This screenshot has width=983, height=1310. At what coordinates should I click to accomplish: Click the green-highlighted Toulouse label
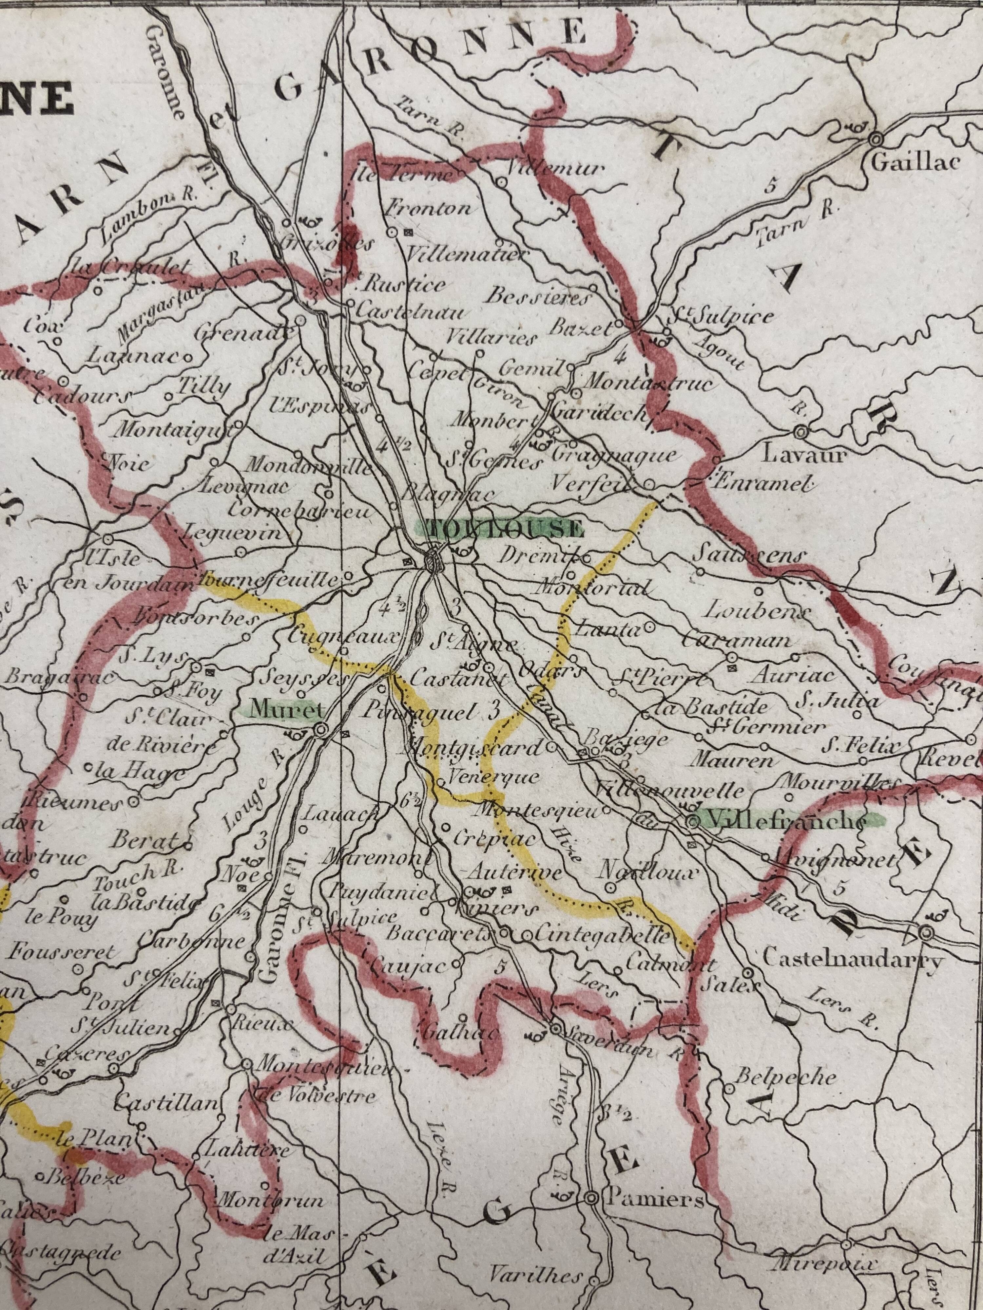(501, 527)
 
